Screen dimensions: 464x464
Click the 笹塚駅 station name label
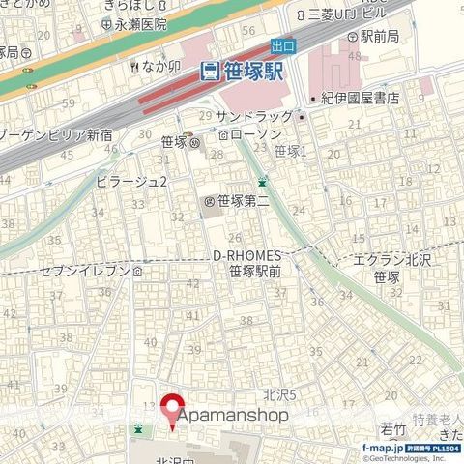coord(254,70)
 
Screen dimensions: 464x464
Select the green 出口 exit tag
coord(283,45)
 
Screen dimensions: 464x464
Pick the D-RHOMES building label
coord(246,254)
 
